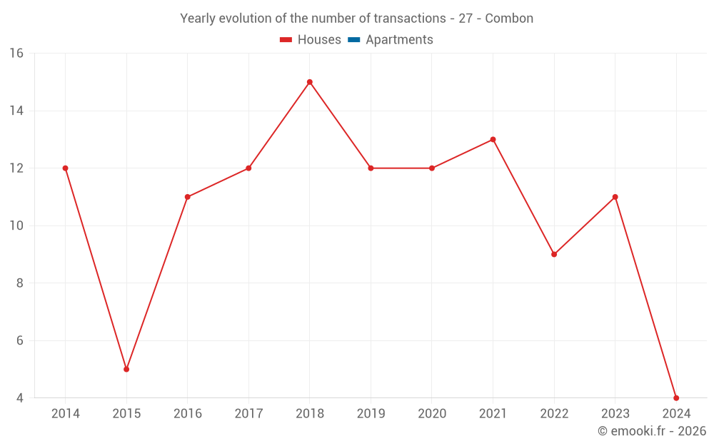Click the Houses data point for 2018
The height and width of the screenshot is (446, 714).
(x=310, y=82)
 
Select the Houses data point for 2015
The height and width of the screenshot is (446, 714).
(x=126, y=369)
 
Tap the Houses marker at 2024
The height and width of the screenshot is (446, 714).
(x=676, y=397)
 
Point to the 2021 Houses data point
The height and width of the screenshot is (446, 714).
(x=493, y=139)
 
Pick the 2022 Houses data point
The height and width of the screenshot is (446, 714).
(x=554, y=254)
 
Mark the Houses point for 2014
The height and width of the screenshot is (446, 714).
(x=65, y=168)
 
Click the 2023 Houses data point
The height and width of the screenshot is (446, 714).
(x=615, y=197)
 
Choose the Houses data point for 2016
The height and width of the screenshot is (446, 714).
(x=188, y=197)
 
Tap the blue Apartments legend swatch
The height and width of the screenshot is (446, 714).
(x=354, y=40)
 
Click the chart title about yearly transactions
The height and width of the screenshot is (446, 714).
(x=356, y=19)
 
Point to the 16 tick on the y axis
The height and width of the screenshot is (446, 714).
(x=16, y=54)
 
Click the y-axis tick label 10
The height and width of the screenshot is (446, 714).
(x=16, y=225)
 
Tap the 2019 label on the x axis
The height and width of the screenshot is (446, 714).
(x=371, y=414)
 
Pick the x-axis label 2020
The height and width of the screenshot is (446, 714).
(x=432, y=414)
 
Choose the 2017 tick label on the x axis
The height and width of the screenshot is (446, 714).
(x=248, y=414)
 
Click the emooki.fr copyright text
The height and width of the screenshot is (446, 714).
(x=652, y=431)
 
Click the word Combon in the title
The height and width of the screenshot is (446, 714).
(x=509, y=19)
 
